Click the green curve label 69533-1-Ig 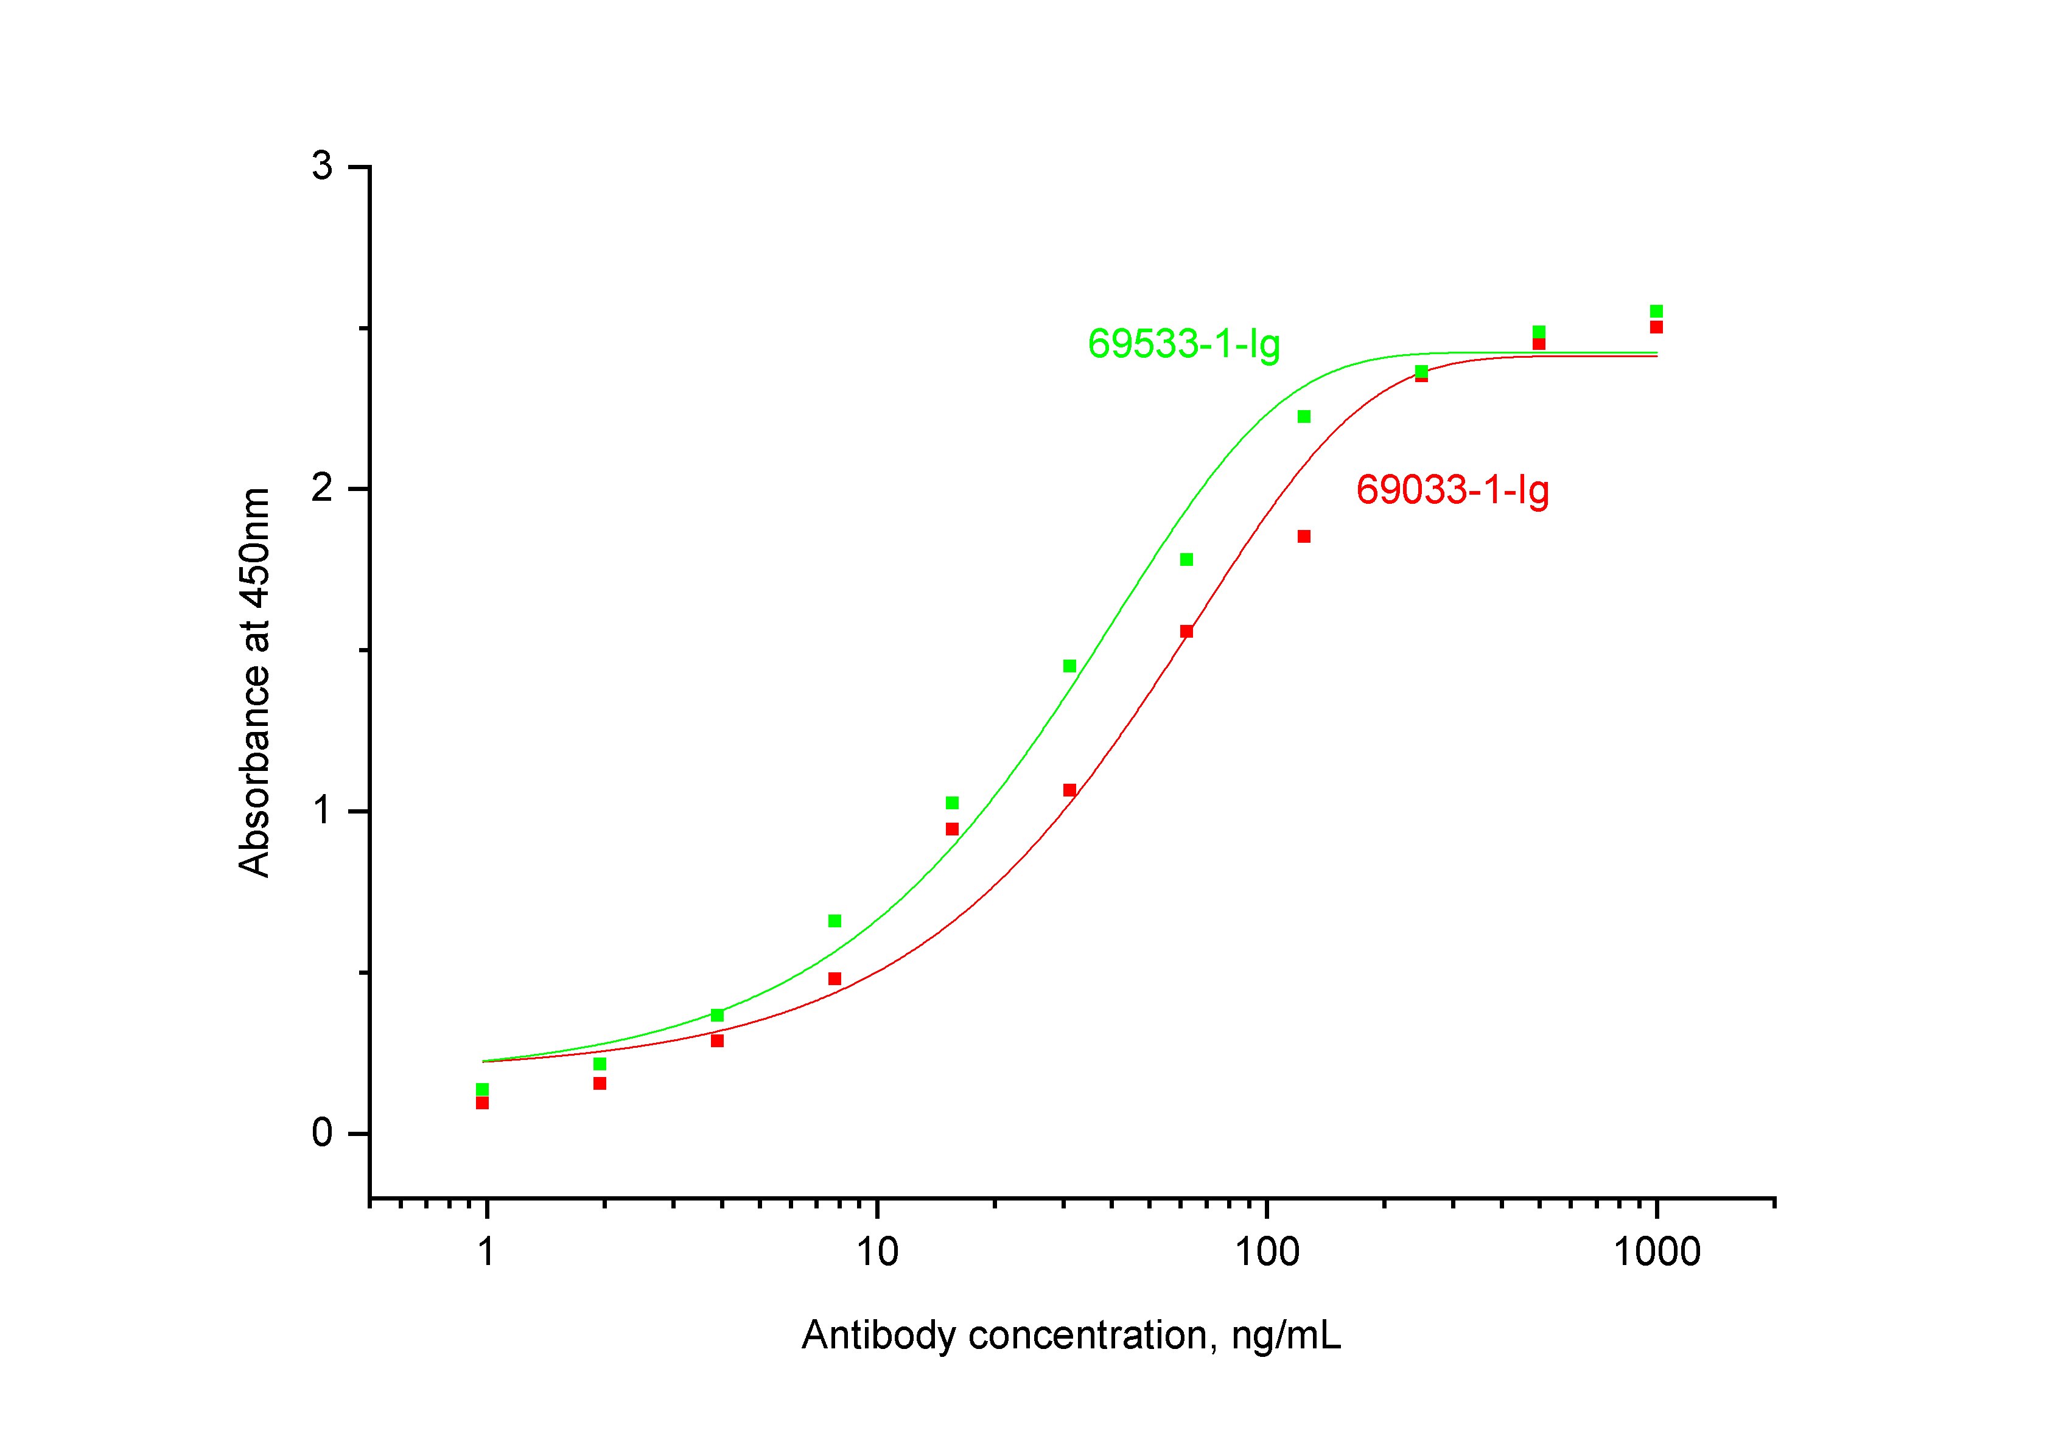click(x=1183, y=344)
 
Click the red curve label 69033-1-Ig click(x=1452, y=490)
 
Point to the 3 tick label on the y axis click(x=321, y=167)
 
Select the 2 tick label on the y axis click(x=321, y=489)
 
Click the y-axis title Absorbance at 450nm click(x=254, y=682)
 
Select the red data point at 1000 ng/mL click(x=1656, y=327)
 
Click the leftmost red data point click(x=482, y=1103)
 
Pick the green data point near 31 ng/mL click(x=1069, y=666)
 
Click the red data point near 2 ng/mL click(x=600, y=1083)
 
